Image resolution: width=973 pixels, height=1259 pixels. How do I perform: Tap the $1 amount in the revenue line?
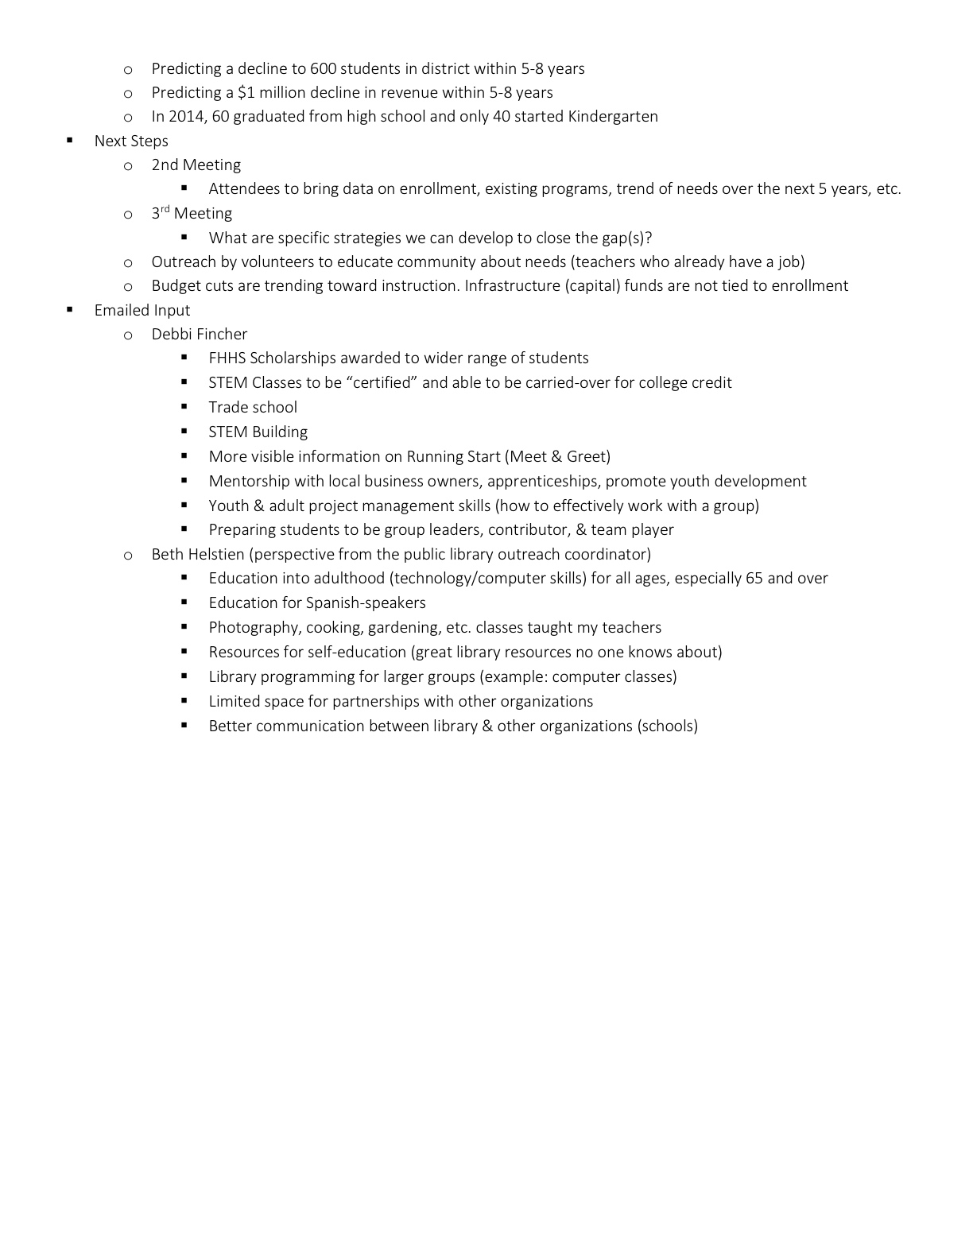246,93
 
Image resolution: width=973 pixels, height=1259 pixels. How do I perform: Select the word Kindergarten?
612,117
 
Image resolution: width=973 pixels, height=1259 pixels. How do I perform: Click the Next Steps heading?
131,141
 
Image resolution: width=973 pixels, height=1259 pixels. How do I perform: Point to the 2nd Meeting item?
196,165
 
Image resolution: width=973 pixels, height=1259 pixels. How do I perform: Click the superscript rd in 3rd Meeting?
165,210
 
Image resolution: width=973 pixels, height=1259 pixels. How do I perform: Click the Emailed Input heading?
142,311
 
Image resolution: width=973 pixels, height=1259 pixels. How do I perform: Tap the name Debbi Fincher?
200,335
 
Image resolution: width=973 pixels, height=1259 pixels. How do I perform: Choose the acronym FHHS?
227,358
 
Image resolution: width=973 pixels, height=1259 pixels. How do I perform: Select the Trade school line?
253,408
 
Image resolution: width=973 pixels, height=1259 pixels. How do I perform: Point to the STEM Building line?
258,432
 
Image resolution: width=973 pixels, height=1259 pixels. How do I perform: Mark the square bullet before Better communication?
184,725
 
